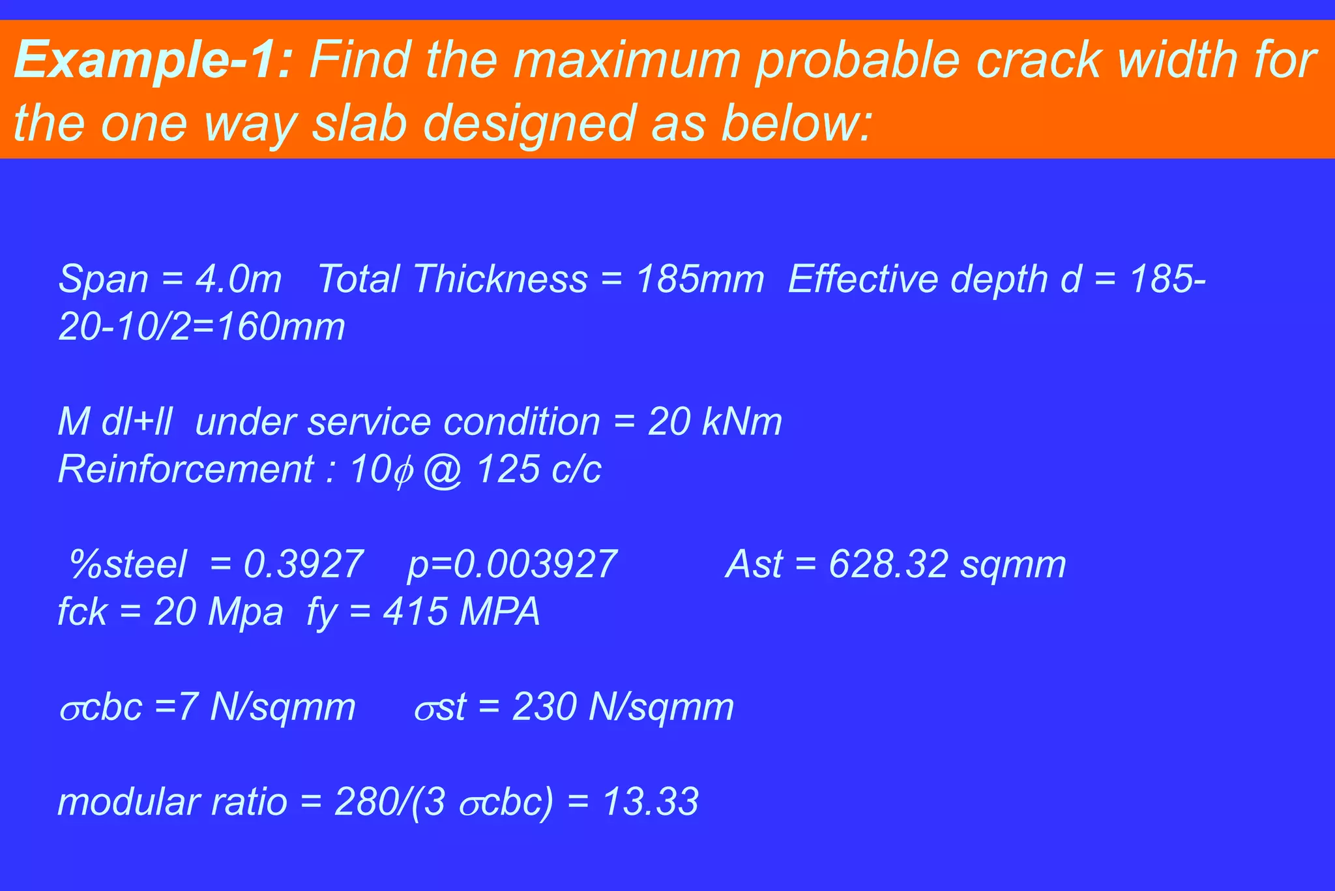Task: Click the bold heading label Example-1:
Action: (x=153, y=60)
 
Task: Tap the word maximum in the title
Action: (x=626, y=60)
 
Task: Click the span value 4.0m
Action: (x=239, y=279)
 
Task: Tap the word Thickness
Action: (x=500, y=279)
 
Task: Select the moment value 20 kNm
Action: (x=714, y=421)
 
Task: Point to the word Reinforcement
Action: (x=186, y=469)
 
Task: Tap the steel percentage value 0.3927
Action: (x=303, y=564)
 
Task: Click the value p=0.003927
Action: (x=512, y=564)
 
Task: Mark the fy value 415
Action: (x=415, y=612)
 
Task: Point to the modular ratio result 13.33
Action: (x=650, y=802)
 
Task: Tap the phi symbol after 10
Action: (x=403, y=471)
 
